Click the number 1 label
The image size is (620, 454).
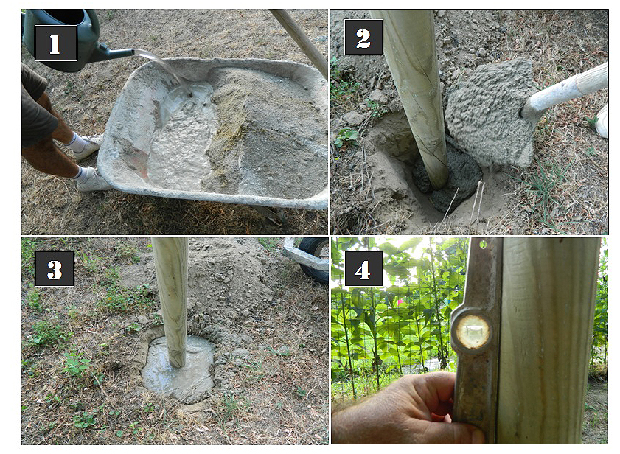pos(56,43)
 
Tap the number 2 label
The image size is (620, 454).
pos(363,37)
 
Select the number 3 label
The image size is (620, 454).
pos(55,268)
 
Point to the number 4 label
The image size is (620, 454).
pos(363,268)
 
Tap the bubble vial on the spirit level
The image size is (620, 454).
pos(473,332)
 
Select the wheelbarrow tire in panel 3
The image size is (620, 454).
pos(314,259)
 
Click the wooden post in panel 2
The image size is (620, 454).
pos(415,95)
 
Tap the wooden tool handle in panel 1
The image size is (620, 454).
pos(302,39)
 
